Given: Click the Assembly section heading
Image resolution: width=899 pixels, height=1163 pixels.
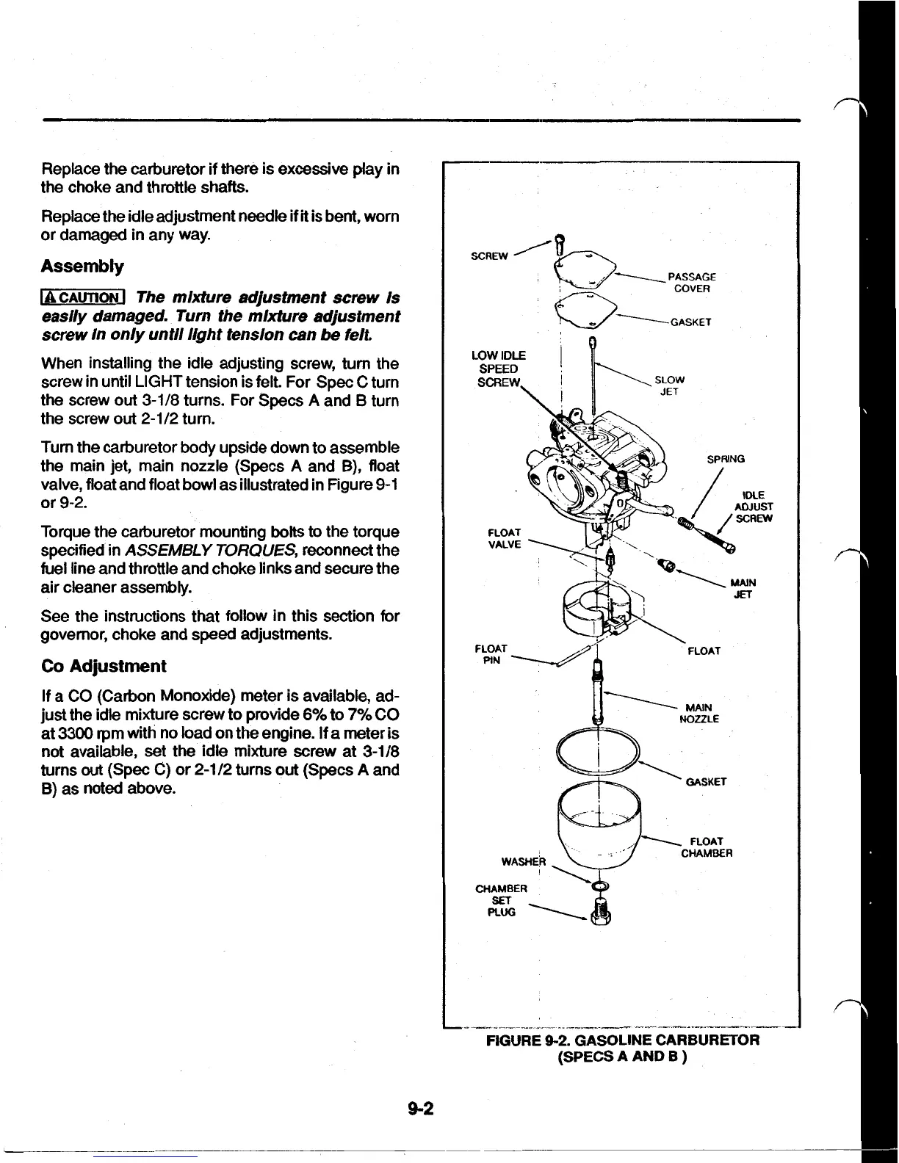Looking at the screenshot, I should coord(82,266).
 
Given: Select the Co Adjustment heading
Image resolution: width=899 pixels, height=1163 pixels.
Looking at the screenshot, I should coord(103,666).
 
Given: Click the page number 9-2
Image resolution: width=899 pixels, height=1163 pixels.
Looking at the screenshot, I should coord(422,1109).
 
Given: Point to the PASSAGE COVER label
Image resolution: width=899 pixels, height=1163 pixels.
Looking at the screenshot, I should coord(691,283).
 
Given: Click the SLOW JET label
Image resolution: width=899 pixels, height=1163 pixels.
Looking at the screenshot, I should coord(669,385).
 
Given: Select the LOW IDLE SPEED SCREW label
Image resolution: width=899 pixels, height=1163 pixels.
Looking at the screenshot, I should coord(498,369).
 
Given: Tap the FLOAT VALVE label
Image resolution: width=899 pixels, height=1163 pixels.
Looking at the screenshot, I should coord(504,537).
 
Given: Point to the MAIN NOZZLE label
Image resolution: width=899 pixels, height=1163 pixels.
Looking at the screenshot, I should coord(700,714).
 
